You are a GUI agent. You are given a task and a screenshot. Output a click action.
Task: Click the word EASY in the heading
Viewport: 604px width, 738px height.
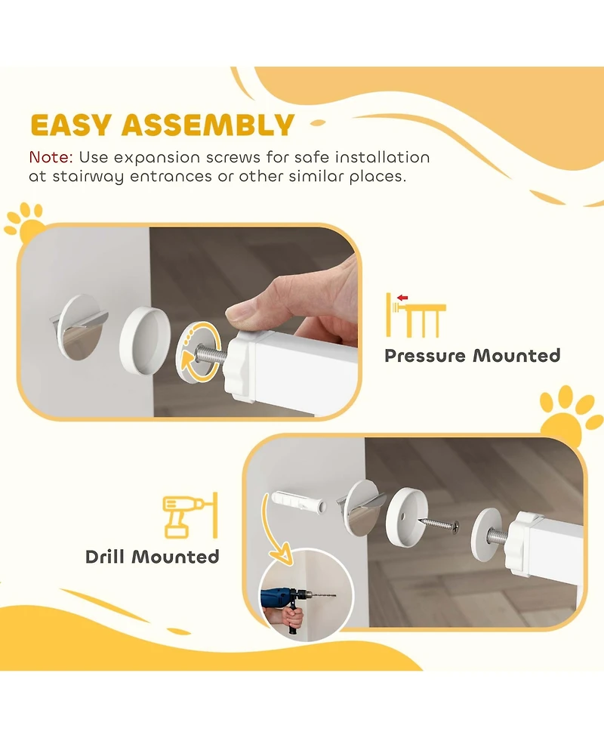[x=71, y=125]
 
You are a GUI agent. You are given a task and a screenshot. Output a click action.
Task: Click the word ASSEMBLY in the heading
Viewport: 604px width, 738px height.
[x=208, y=125]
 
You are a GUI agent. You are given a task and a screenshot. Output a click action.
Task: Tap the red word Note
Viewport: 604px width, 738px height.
[x=51, y=156]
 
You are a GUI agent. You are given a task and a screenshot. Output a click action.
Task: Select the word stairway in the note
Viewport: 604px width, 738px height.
[x=88, y=177]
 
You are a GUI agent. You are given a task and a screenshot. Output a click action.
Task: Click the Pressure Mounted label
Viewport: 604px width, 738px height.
[x=473, y=355]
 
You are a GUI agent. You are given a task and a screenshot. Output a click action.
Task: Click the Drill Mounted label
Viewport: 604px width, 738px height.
[x=152, y=557]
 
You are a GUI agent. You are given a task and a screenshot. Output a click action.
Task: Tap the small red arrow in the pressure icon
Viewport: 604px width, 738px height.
[x=402, y=298]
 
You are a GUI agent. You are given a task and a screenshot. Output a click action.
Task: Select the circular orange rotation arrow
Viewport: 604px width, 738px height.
[x=201, y=350]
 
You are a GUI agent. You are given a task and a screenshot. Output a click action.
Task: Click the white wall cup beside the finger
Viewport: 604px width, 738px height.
[x=144, y=339]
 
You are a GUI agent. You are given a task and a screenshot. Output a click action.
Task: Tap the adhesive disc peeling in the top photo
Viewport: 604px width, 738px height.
[x=79, y=327]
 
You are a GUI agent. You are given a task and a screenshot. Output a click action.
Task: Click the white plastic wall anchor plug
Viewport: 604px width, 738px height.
[x=298, y=504]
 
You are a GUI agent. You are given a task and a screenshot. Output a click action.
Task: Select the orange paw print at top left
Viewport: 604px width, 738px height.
[x=25, y=221]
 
